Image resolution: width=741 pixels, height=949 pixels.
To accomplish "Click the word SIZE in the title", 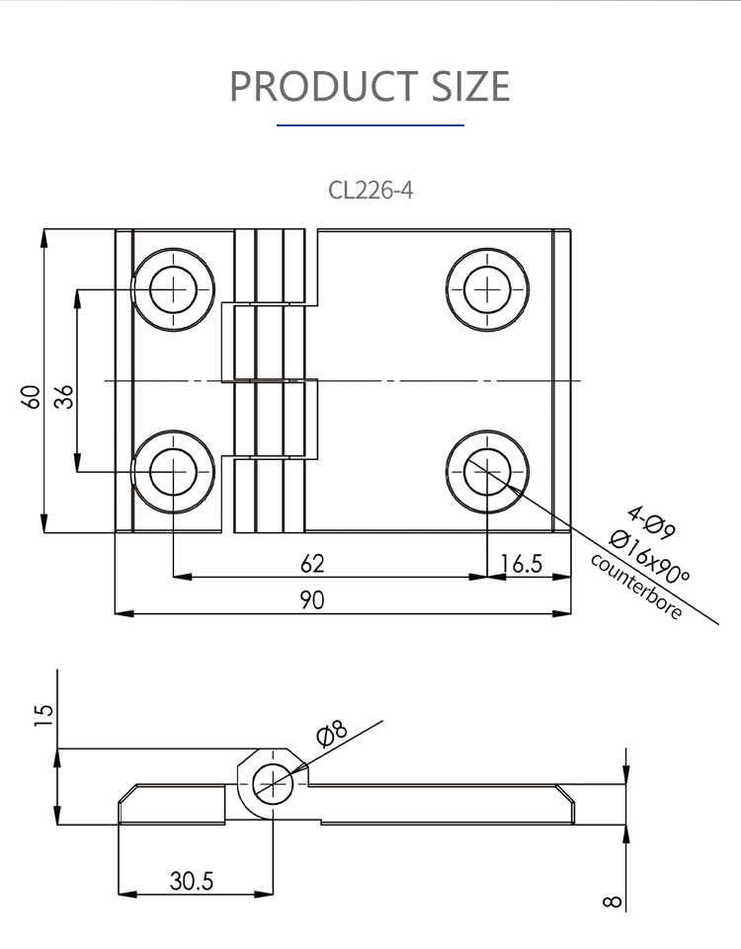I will coord(470,87).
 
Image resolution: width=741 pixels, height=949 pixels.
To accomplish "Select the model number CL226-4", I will coord(370,190).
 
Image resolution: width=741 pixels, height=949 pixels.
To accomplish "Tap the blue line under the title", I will coord(370,125).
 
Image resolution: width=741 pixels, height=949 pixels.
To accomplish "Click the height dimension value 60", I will coord(32,397).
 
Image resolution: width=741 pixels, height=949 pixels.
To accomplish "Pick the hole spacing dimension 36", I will coord(63,397).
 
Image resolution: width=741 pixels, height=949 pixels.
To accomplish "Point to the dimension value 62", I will coord(312,564).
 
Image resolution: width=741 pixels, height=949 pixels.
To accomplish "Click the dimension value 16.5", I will coord(522,564).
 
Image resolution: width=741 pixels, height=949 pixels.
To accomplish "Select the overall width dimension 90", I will coord(312,600).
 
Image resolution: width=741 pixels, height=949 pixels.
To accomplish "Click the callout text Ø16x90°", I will coord(649,557).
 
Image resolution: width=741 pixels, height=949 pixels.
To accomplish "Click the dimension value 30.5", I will coord(191,880).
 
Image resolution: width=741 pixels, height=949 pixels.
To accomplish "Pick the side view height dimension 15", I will coord(41,714).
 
